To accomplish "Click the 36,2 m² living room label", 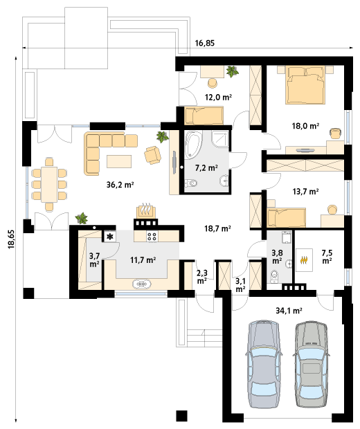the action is [x=120, y=185].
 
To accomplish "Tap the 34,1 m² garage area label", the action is [x=289, y=311].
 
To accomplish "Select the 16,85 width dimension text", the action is [x=205, y=43].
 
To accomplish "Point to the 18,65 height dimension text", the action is [x=12, y=239].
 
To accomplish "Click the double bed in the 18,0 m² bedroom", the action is [x=305, y=85].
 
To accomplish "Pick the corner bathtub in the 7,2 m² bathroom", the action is [x=193, y=145].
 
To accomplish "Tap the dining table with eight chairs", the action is [x=49, y=184].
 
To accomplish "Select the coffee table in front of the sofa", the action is [x=119, y=161].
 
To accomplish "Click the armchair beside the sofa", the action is [x=153, y=154].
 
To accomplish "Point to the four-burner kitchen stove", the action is [x=152, y=236].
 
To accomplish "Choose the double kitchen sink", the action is [x=142, y=284].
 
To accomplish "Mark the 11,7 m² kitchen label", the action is [x=143, y=259].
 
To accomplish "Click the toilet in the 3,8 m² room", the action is [x=273, y=276].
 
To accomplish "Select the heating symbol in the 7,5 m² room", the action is [x=304, y=260].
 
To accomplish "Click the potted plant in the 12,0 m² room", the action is [x=232, y=71].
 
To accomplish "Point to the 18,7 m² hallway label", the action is [x=217, y=228].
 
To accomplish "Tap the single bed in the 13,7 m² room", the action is [x=287, y=217].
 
